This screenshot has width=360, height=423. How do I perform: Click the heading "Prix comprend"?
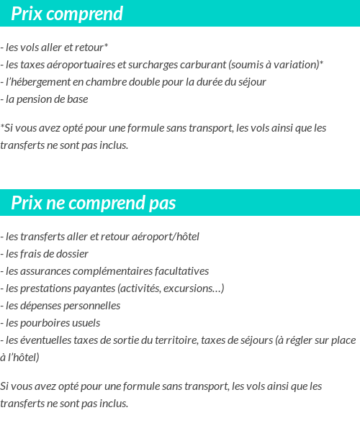(x=67, y=14)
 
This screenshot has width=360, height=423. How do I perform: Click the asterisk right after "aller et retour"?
(x=106, y=47)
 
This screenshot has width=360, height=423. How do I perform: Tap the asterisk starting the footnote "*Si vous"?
(x=3, y=127)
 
